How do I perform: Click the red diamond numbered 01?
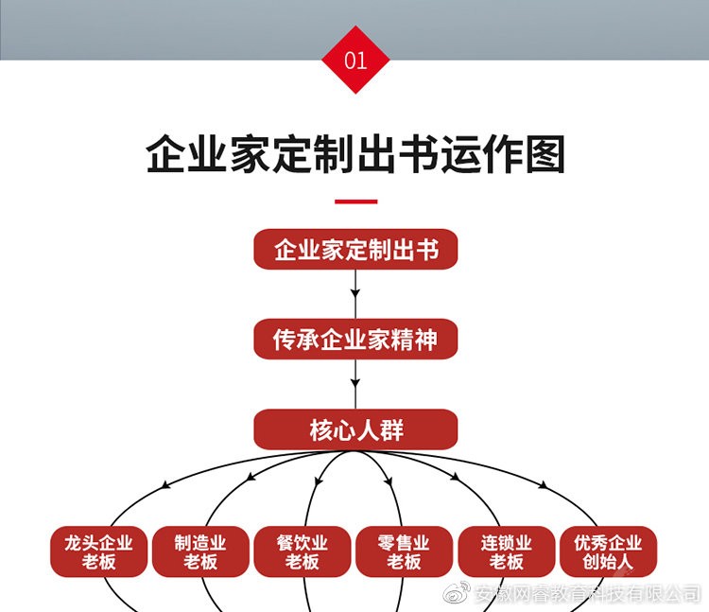coord(355,61)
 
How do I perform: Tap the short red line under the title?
coord(355,201)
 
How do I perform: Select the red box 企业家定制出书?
coord(355,250)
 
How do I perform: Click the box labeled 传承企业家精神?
coord(355,340)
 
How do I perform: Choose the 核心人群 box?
coord(355,430)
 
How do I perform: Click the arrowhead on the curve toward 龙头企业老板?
coord(166,485)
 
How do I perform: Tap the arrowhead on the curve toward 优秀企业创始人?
coord(544,485)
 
